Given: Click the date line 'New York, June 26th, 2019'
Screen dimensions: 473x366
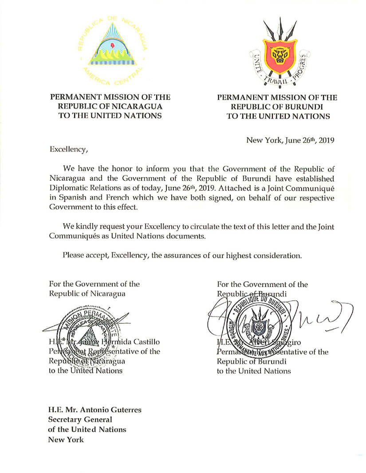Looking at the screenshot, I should coord(290,140).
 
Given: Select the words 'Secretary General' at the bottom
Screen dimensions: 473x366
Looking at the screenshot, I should coord(80,420).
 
